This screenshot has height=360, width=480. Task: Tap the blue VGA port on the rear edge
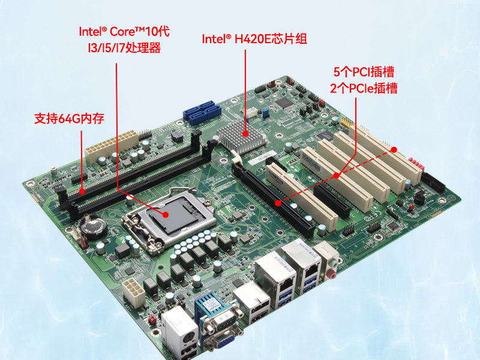[221, 341]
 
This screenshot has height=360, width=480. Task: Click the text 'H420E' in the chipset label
[254, 40]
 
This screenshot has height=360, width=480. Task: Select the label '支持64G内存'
[69, 118]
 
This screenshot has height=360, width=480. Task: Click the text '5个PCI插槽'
[364, 72]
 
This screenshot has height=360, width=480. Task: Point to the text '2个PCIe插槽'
[364, 88]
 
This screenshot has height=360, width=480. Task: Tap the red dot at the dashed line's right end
[395, 149]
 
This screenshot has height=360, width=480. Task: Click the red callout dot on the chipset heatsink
[245, 134]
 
